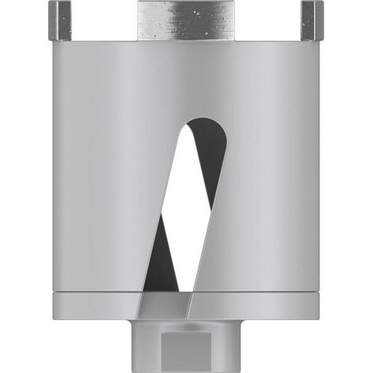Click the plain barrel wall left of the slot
[x=96, y=184]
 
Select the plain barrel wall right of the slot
[x=272, y=184]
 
